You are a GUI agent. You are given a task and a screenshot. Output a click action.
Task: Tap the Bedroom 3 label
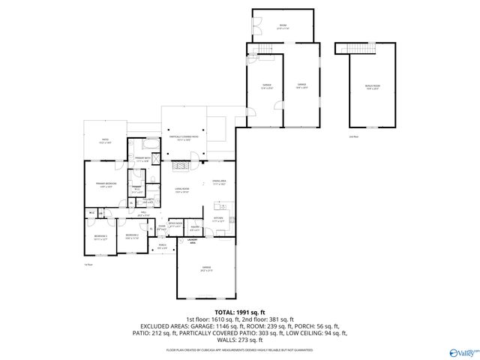tap(101, 237)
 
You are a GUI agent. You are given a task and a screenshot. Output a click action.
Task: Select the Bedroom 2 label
tap(132, 237)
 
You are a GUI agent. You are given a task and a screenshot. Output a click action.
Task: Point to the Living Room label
tap(182, 190)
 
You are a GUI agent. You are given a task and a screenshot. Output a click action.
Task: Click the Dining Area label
tap(219, 182)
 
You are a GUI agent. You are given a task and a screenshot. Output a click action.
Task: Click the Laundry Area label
tap(192, 242)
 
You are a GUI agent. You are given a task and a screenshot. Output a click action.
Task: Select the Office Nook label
tap(175, 224)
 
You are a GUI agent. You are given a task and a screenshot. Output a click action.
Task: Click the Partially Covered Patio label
tap(184, 138)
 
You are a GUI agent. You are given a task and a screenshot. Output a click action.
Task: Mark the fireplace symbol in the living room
tap(180, 166)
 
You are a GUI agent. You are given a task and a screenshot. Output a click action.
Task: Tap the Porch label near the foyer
tap(161, 246)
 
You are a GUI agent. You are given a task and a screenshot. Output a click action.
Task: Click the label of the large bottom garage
tap(205, 268)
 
